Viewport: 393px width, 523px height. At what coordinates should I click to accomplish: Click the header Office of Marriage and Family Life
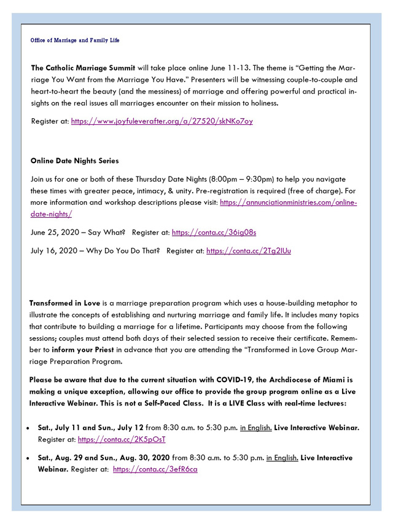tap(75, 41)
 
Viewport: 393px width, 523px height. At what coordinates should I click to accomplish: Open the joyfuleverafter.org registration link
tap(161, 121)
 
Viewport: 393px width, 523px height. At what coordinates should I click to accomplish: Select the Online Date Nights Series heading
tap(74, 161)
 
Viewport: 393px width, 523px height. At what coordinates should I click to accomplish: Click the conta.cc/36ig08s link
tap(214, 233)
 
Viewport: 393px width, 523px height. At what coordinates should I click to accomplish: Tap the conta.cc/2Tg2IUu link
tap(249, 251)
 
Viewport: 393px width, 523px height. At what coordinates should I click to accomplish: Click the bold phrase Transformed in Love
tap(64, 303)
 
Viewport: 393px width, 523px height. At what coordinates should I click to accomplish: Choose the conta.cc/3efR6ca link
tap(155, 469)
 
